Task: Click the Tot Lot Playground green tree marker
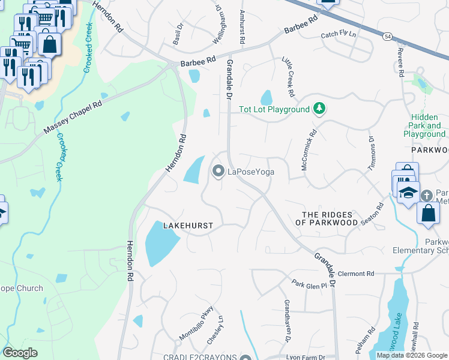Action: point(321,109)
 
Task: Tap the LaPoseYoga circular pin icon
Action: point(218,172)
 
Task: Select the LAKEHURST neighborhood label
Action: point(188,226)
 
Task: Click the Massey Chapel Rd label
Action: point(73,118)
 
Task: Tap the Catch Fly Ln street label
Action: point(338,35)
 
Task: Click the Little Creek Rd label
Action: point(288,77)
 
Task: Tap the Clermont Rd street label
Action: point(355,274)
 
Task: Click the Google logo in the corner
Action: point(20,353)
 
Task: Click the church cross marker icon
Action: point(426,196)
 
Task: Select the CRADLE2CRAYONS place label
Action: point(200,357)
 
